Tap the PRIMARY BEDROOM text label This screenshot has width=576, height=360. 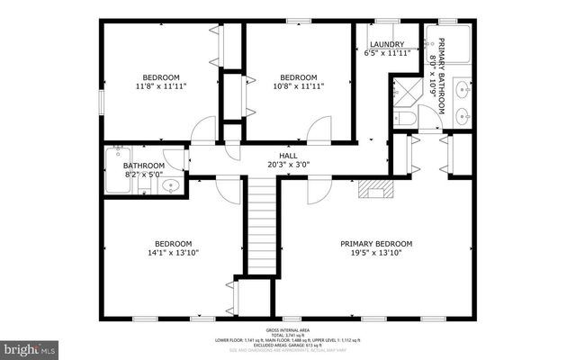[x=376, y=244]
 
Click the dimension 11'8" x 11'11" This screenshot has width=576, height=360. [x=161, y=86]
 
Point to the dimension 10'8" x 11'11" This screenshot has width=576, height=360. [x=298, y=86]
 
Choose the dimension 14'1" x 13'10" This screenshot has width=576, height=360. [x=173, y=254]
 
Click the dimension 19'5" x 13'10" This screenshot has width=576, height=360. [x=376, y=254]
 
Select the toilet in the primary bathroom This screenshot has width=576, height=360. [x=406, y=117]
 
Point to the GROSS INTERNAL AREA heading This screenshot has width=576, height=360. [x=288, y=331]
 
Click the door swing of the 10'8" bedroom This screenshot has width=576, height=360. [x=319, y=130]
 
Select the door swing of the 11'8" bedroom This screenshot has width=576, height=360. [x=205, y=130]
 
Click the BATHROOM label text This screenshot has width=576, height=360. [x=144, y=166]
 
